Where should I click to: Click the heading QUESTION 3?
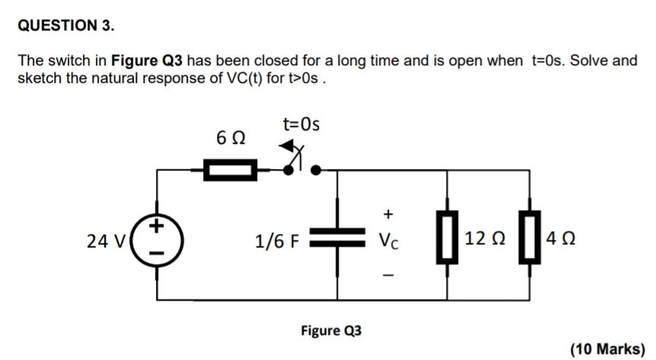tap(66, 26)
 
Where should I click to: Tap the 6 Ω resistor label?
tap(231, 139)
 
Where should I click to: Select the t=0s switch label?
tap(301, 123)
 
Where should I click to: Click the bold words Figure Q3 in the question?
tap(148, 60)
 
